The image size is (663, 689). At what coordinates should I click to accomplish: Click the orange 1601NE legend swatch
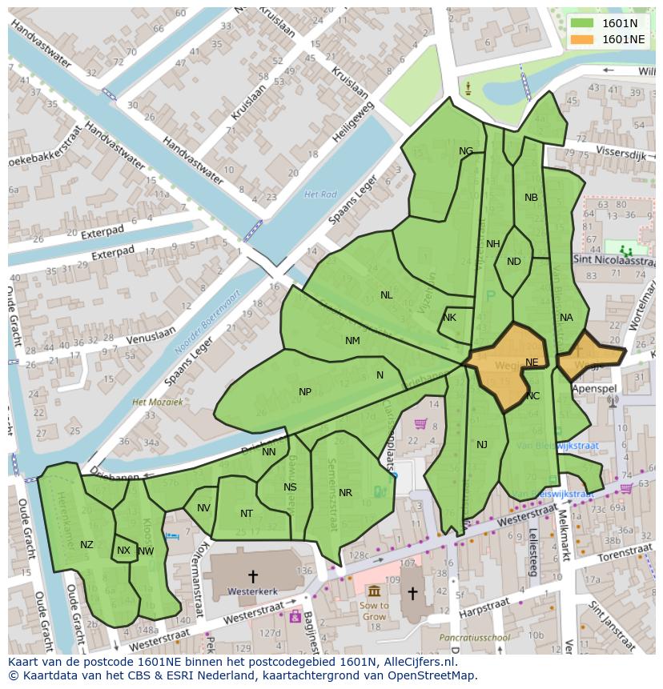click(x=582, y=39)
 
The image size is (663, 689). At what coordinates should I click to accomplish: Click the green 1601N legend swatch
click(x=582, y=23)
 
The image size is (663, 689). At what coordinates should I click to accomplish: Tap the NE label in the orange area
click(x=532, y=363)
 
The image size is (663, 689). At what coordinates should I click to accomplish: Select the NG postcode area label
click(x=466, y=151)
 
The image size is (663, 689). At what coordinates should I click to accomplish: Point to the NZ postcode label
click(x=86, y=545)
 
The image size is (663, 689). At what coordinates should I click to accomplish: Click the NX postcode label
click(x=123, y=551)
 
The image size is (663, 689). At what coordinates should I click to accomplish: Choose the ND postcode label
click(x=514, y=262)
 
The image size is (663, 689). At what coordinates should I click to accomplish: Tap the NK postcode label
click(x=449, y=318)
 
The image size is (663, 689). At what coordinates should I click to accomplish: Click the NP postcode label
click(x=305, y=392)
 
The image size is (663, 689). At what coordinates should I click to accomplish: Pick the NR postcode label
click(x=345, y=493)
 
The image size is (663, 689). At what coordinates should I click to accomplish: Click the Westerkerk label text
click(x=252, y=591)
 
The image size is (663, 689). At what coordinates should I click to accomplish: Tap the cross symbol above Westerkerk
click(x=253, y=575)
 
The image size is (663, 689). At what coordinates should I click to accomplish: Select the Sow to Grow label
click(x=374, y=611)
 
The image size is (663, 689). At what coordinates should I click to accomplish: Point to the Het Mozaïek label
click(x=158, y=402)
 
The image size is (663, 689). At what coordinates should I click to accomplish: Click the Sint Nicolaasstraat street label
click(x=614, y=260)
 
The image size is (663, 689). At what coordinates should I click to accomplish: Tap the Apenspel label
click(x=594, y=388)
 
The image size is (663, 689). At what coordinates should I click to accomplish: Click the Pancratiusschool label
click(x=474, y=638)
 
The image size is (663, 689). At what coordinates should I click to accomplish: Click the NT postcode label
click(x=247, y=514)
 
